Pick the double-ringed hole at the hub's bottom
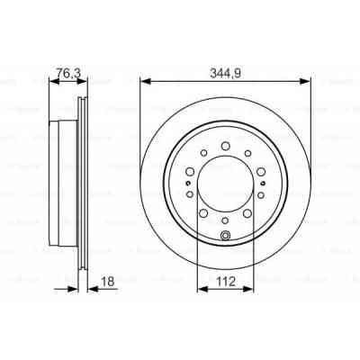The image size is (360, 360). click(x=225, y=237)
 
